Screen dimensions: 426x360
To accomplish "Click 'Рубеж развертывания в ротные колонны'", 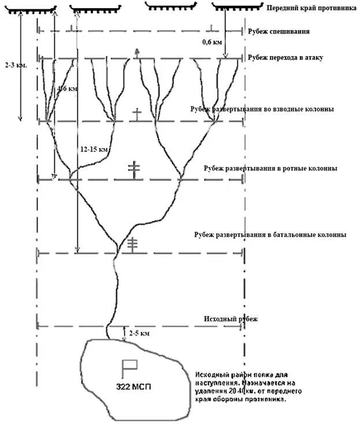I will (270, 168).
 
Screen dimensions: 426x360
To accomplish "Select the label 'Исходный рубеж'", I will (230, 319).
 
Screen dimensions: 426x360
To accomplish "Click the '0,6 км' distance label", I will (211, 42).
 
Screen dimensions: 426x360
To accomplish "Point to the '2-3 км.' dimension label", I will (11, 65).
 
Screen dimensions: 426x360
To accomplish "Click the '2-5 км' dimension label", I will (139, 334).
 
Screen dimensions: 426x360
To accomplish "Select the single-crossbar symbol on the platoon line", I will (136, 114).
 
